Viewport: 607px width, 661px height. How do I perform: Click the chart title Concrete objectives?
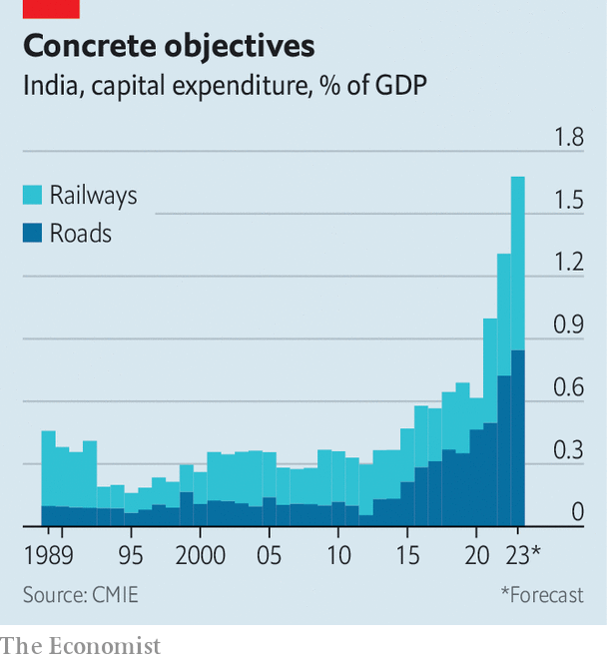tap(169, 46)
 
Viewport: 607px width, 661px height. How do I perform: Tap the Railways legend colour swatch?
tap(33, 195)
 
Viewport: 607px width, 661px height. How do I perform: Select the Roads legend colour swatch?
tap(33, 234)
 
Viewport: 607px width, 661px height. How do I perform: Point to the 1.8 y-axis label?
tap(569, 138)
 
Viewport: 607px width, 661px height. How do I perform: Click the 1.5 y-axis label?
tap(569, 201)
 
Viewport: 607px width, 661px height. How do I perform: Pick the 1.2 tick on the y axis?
tap(569, 263)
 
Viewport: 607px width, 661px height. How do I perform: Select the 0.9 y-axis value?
tap(569, 326)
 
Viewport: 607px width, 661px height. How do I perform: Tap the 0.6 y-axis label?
tap(569, 387)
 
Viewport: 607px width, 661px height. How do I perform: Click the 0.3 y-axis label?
tap(569, 450)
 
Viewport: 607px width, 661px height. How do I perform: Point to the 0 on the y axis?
tap(577, 512)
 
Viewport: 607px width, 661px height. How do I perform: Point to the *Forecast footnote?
tap(542, 595)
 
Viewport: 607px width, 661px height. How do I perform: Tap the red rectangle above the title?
tap(51, 8)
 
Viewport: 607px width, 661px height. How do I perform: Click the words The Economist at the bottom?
tap(81, 646)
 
